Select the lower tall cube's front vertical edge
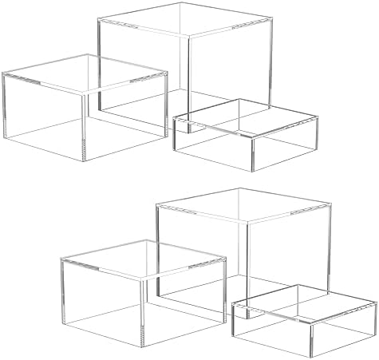point(243,255)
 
